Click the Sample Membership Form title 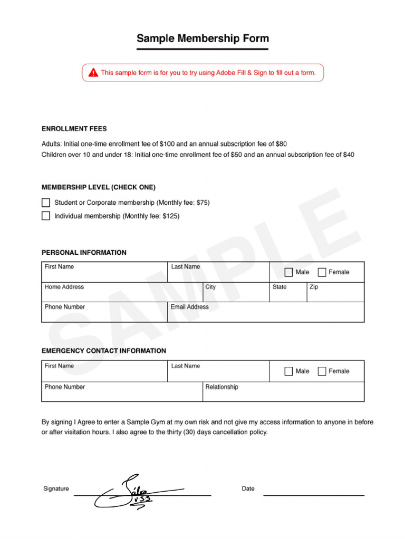202,38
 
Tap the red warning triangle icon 93,73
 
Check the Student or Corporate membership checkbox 46,203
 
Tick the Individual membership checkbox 46,216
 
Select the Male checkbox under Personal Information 288,272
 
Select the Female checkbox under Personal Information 322,272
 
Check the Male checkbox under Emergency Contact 288,371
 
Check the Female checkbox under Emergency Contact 322,371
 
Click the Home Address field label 64,287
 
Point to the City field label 210,287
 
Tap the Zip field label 314,287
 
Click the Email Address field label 189,307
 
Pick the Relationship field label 221,387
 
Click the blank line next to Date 313,495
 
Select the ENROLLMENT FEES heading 74,128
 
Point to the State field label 279,287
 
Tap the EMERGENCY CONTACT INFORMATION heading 103,351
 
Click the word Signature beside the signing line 56,488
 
